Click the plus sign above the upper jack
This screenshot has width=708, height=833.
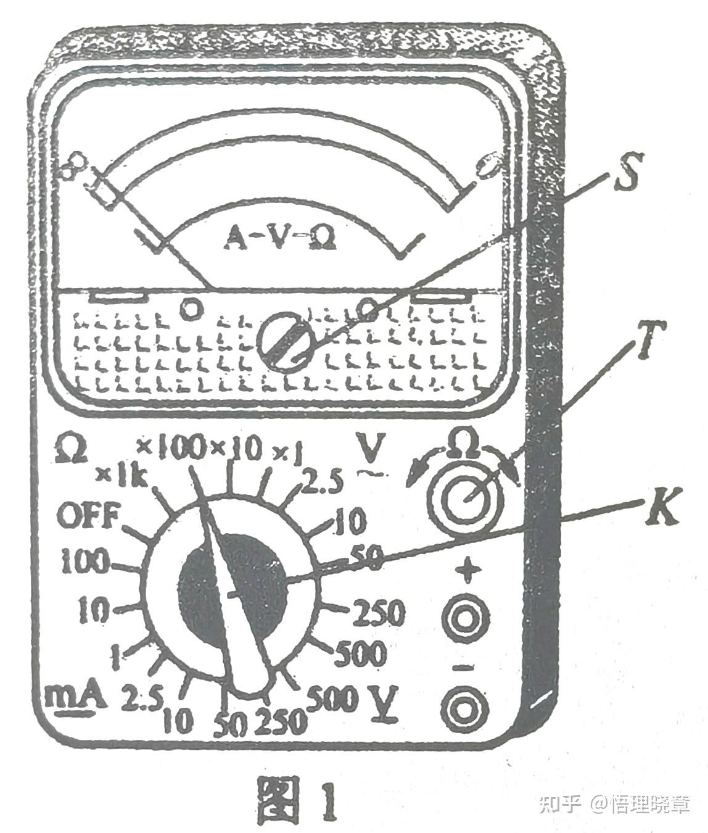470,572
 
